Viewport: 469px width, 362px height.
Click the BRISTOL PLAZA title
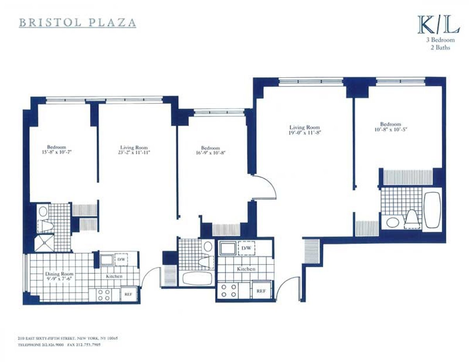coord(77,22)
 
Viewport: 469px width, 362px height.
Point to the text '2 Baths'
coord(440,48)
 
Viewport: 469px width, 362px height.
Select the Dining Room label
coord(59,276)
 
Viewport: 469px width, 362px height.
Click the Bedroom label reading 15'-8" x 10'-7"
coord(57,150)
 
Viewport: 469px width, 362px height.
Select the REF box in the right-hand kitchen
coord(261,291)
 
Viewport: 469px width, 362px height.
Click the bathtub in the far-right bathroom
coord(432,210)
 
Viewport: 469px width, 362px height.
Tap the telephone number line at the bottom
coord(57,345)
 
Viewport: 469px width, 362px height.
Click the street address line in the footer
coord(67,338)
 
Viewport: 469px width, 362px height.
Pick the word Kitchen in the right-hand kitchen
coord(246,269)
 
